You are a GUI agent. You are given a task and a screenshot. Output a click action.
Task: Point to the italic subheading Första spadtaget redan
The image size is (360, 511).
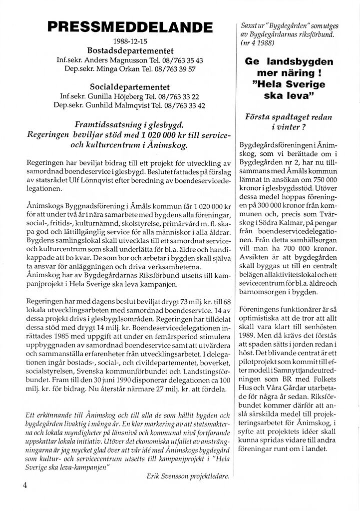click(289, 116)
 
